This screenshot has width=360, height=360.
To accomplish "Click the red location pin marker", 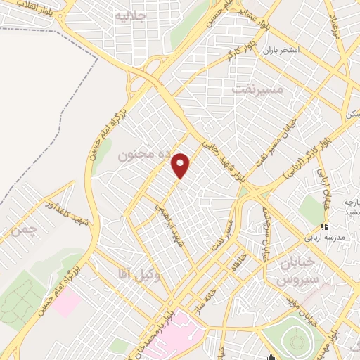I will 181,165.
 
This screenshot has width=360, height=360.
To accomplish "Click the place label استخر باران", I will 282,51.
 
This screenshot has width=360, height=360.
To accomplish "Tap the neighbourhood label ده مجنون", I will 133,153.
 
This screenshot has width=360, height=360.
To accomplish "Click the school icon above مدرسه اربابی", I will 324,226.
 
